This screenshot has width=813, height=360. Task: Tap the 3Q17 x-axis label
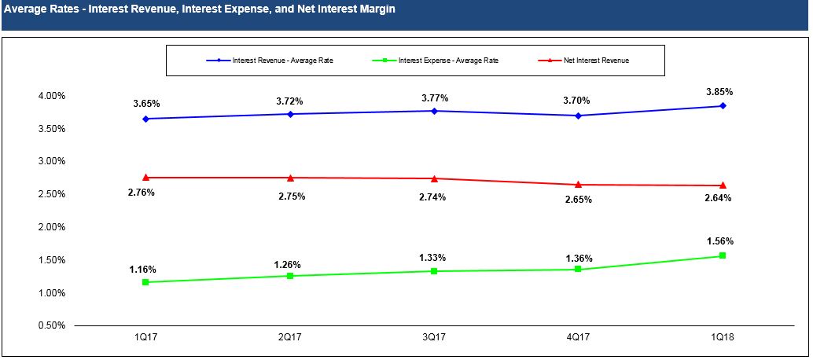click(434, 338)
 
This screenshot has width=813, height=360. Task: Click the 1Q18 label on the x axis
click(722, 338)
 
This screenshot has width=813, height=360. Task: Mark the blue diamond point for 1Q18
click(723, 106)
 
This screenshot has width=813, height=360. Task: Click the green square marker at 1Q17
click(146, 282)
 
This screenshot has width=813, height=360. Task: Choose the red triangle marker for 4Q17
click(578, 185)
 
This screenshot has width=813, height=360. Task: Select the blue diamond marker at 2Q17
click(290, 114)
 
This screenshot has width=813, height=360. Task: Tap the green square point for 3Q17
click(434, 271)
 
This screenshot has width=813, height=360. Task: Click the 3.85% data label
click(719, 92)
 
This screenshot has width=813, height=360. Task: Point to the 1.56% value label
click(719, 241)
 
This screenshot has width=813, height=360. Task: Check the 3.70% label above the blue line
click(576, 101)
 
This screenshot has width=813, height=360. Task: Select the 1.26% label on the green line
click(288, 264)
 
